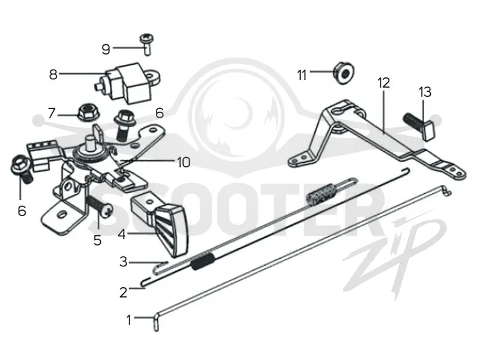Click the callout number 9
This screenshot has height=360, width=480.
tap(106, 49)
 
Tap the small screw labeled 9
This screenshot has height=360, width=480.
tap(147, 44)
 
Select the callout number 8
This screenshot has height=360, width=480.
tap(53, 74)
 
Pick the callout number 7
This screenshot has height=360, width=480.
tap(52, 113)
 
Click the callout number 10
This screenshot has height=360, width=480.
tap(184, 162)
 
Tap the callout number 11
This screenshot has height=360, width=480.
tap(302, 75)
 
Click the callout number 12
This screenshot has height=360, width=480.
tap(383, 83)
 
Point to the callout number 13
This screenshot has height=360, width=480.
tap(425, 92)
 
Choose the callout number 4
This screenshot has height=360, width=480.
tap(122, 235)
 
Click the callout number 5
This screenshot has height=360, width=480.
tap(97, 241)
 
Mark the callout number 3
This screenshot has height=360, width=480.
tap(124, 262)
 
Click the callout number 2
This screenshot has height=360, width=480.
tap(124, 293)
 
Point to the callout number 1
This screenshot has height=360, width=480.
tap(129, 320)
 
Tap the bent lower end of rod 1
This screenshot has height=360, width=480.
tap(156, 323)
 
